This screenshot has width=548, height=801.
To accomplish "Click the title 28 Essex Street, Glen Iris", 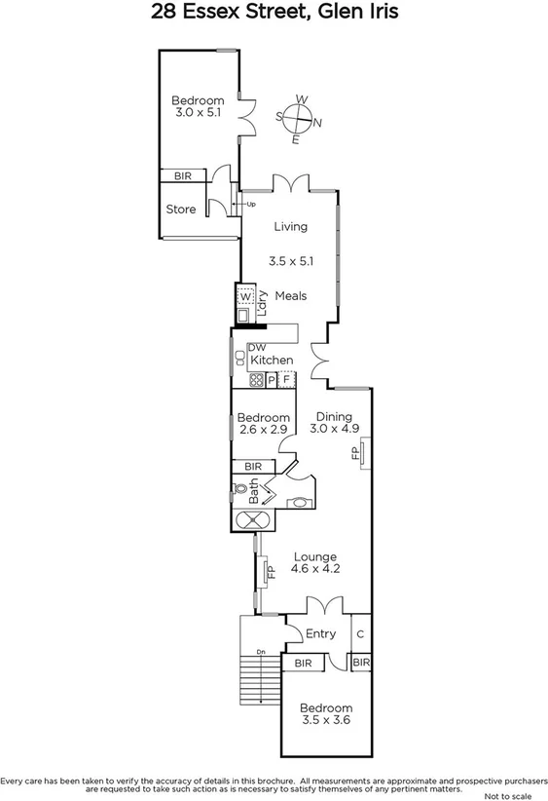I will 274,14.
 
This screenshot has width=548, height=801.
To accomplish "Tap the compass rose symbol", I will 299,119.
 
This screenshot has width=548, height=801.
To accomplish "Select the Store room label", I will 180,210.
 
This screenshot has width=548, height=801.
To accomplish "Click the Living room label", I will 290,227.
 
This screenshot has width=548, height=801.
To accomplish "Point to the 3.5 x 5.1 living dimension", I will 290,261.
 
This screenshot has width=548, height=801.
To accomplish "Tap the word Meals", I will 291,296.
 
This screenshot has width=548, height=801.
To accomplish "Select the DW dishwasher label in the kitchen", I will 256,347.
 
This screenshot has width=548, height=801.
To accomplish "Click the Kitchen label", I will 272,361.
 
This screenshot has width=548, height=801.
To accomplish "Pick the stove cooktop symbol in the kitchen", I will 257,380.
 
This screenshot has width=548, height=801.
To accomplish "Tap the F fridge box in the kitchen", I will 287,380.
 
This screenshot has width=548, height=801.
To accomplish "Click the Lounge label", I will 315,557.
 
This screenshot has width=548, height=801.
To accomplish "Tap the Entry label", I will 320,633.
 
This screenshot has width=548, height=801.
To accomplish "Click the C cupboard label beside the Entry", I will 359,633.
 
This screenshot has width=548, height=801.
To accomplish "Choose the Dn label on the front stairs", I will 260,653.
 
